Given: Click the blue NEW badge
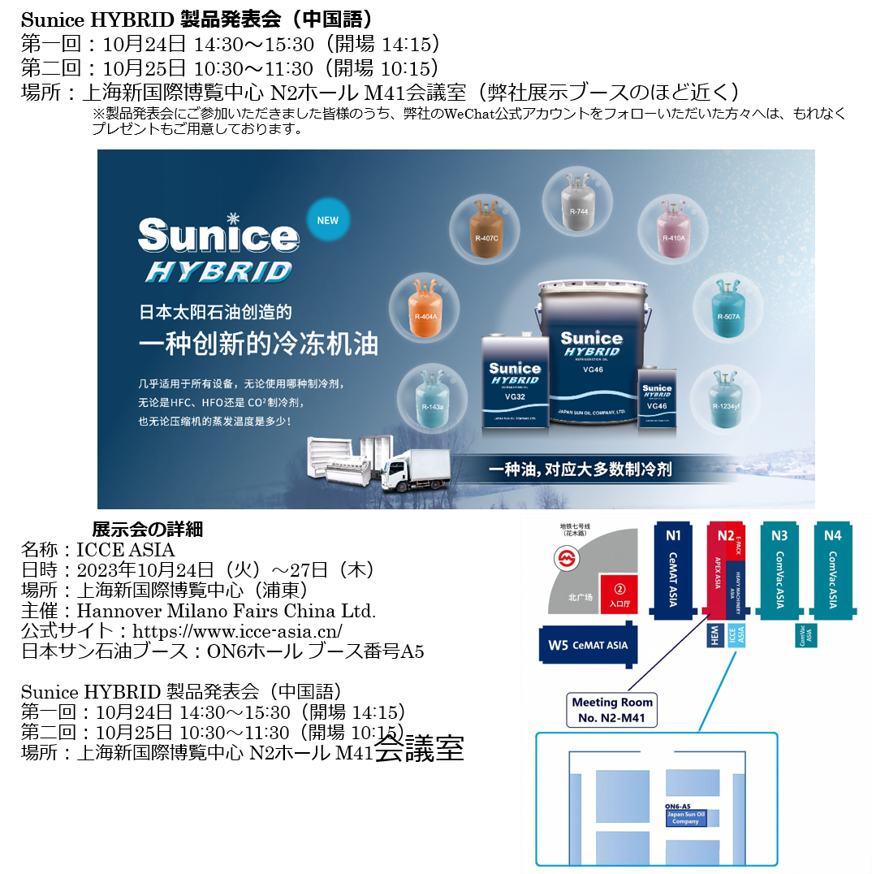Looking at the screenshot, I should (327, 220).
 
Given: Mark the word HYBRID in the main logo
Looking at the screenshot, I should (218, 271).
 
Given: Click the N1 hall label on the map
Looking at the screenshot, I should (673, 535).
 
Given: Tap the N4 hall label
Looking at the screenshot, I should (832, 535).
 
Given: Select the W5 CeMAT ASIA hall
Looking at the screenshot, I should (587, 646).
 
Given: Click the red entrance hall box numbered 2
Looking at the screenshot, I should (619, 594).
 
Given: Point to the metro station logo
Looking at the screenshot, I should (566, 558).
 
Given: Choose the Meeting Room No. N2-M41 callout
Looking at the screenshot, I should (612, 710).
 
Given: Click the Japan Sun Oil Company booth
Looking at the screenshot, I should (685, 818).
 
